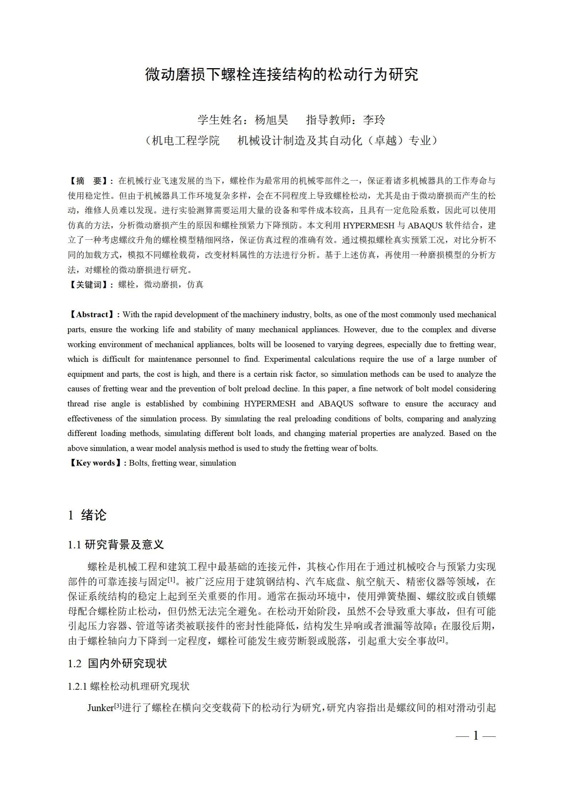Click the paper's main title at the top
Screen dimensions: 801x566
click(282, 74)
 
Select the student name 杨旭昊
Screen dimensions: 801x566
click(271, 120)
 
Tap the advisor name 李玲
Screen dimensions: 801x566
click(374, 120)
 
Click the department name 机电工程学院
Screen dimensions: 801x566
click(186, 141)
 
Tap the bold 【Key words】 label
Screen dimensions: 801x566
click(95, 463)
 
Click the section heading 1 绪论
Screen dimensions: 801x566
click(87, 515)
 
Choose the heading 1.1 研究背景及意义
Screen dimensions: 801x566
click(116, 545)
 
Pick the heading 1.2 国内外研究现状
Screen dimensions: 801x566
click(117, 664)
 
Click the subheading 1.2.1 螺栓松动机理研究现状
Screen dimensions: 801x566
click(128, 686)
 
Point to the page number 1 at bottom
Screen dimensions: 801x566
click(475, 736)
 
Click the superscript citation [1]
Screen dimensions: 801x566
click(171, 580)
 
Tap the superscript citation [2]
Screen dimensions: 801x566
click(440, 639)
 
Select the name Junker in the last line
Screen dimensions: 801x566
click(100, 708)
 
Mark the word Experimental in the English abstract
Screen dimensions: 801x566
click(288, 359)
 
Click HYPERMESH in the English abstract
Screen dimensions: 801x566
click(270, 404)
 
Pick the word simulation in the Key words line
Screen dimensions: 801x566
click(218, 463)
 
